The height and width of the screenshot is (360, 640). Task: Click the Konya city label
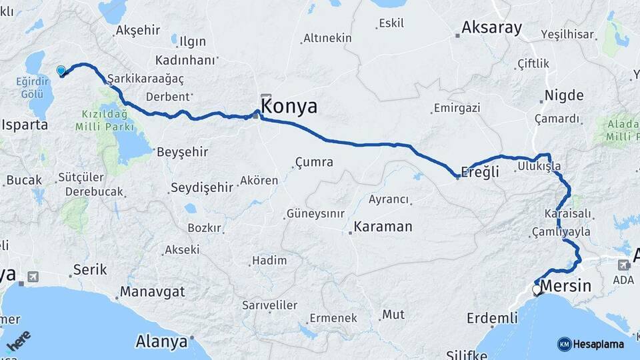(x=289, y=107)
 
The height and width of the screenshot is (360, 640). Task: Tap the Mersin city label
(x=565, y=286)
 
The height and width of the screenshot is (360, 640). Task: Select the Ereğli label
(x=481, y=171)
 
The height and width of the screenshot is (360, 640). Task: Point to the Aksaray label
(x=493, y=29)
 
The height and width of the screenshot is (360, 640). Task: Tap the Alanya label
(x=161, y=342)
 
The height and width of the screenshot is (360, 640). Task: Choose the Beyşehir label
(x=182, y=152)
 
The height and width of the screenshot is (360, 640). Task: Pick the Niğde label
(x=563, y=95)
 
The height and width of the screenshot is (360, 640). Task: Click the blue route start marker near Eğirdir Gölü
(x=61, y=71)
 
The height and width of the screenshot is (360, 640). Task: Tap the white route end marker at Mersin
(x=537, y=290)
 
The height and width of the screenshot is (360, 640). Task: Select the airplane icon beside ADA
(x=623, y=264)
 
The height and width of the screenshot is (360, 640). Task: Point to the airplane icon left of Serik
(x=33, y=276)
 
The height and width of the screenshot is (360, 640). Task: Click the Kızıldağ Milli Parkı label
(x=107, y=120)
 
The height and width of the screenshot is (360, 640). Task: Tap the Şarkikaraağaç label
(x=145, y=78)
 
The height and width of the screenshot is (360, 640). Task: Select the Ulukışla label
(x=539, y=167)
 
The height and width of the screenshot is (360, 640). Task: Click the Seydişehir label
(x=202, y=187)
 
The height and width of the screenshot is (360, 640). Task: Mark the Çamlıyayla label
(x=561, y=231)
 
